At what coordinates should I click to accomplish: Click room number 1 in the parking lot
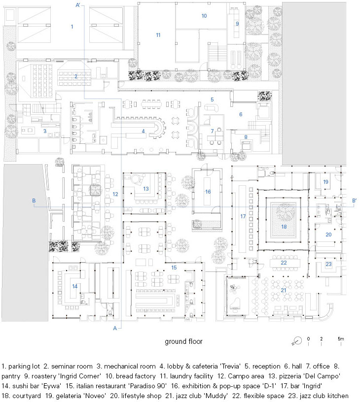click(72, 27)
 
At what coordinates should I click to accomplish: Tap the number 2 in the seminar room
click(76, 76)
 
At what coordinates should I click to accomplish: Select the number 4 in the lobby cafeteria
click(143, 131)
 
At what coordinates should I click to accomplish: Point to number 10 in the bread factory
click(204, 16)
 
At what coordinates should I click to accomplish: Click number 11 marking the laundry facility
click(158, 35)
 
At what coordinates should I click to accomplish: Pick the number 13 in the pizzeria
click(146, 189)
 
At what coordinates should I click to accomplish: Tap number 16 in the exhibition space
click(208, 192)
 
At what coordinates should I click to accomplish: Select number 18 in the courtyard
click(284, 227)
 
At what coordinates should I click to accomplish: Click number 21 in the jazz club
click(284, 290)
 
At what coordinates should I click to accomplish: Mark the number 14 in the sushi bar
click(75, 286)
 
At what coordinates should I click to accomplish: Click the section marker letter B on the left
click(34, 201)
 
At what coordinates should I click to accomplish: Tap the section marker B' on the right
click(354, 201)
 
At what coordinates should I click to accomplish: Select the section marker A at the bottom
click(114, 328)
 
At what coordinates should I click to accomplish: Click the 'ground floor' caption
click(183, 341)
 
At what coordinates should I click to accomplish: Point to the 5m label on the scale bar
click(341, 339)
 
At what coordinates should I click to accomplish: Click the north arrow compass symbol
click(297, 340)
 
